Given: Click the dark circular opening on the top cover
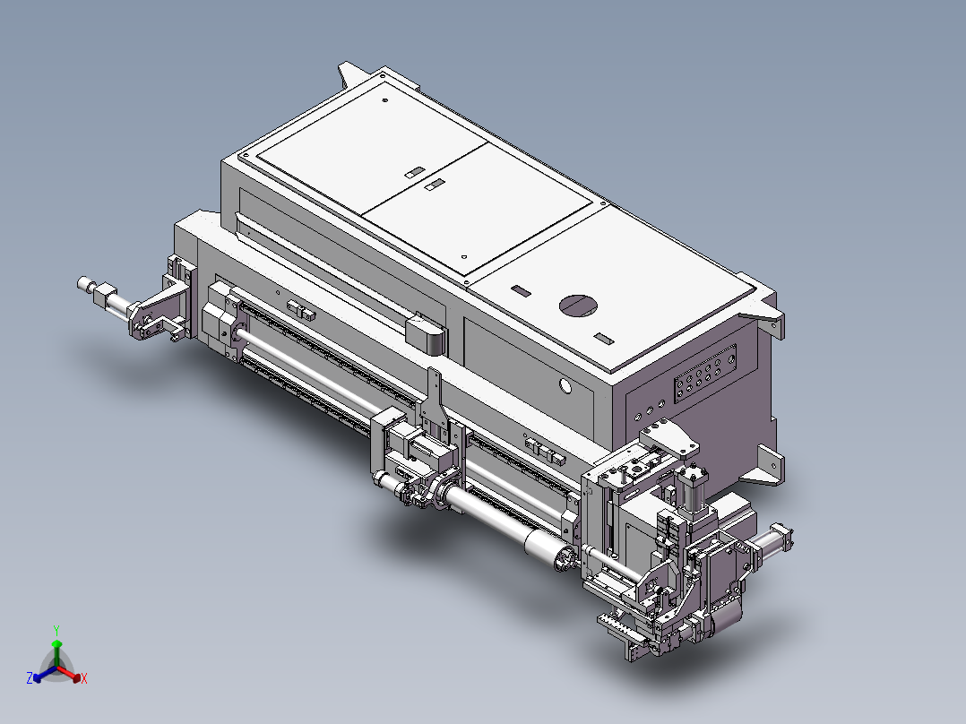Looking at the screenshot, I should tap(580, 305).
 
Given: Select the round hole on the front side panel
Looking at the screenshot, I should tap(565, 386).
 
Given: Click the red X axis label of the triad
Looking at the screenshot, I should tap(84, 679).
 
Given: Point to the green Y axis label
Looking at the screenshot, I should tap(56, 630).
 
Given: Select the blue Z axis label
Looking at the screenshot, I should tap(30, 678).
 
